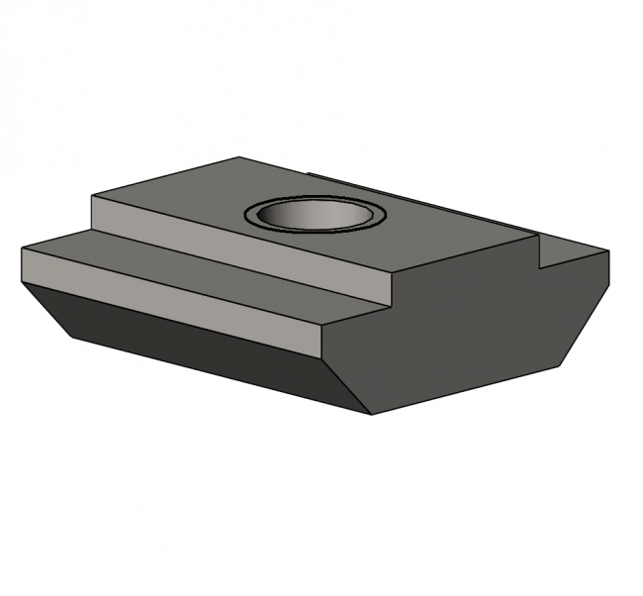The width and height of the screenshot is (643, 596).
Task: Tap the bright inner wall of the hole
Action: point(315,209)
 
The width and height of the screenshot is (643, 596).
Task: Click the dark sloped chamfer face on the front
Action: point(198,347)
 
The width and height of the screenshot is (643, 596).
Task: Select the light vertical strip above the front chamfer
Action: point(168,297)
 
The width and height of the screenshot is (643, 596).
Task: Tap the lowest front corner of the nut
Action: point(371,415)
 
